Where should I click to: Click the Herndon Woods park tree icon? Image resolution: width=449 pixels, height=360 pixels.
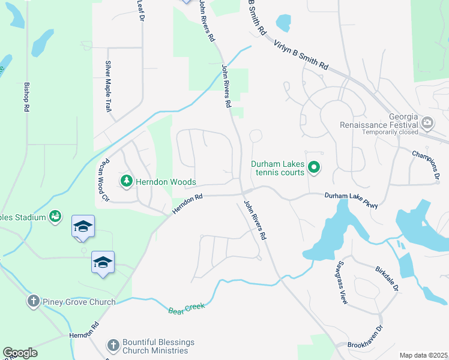pyautogui.click(x=126, y=181)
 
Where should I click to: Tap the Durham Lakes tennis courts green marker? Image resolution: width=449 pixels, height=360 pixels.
pyautogui.click(x=313, y=168)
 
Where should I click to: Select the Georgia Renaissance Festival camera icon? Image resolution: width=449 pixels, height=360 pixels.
pyautogui.click(x=427, y=124)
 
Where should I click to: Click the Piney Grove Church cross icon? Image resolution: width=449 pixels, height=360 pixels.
pyautogui.click(x=33, y=301)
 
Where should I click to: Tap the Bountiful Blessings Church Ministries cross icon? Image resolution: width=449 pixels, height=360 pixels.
pyautogui.click(x=112, y=345)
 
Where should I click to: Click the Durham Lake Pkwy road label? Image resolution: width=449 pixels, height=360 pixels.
pyautogui.click(x=352, y=200)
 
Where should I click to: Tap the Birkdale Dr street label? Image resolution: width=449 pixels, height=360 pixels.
pyautogui.click(x=387, y=279)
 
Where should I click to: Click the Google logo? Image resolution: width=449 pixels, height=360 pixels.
pyautogui.click(x=20, y=353)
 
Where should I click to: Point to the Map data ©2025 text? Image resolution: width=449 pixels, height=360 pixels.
pyautogui.click(x=423, y=355)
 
